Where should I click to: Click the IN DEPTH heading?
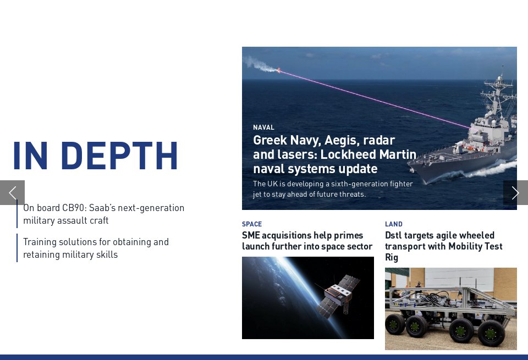click(95, 156)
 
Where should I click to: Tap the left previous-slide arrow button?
click(12, 192)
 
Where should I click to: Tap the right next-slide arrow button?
click(515, 192)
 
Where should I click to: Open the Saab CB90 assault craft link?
click(104, 214)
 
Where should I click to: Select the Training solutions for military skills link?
click(96, 248)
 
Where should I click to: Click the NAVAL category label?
click(263, 128)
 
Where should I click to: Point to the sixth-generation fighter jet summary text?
click(333, 189)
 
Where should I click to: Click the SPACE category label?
click(252, 224)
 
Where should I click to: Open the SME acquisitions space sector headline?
click(307, 241)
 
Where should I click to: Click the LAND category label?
click(394, 224)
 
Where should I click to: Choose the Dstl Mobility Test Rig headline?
click(443, 246)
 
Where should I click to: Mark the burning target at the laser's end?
click(278, 70)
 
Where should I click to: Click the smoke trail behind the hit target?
click(258, 64)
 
